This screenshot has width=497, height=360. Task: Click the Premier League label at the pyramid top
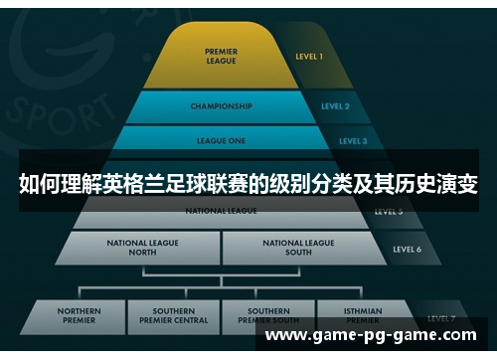click(x=221, y=56)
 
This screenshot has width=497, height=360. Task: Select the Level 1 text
click(x=308, y=57)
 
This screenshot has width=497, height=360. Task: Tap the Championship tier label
click(x=220, y=105)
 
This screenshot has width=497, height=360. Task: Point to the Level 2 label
click(x=335, y=105)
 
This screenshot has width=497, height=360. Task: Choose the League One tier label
click(x=220, y=140)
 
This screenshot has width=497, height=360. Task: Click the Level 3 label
click(x=353, y=141)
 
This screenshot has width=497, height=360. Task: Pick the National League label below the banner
click(x=220, y=211)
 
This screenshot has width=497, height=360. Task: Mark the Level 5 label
click(x=387, y=212)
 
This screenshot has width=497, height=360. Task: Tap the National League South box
click(x=298, y=248)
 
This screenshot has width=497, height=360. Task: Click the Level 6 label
click(x=407, y=249)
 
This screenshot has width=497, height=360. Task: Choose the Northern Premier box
click(x=80, y=316)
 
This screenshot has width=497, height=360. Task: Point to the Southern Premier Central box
click(x=173, y=316)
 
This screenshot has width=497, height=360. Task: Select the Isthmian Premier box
click(x=362, y=316)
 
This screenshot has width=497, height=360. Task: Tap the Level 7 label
click(x=441, y=318)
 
